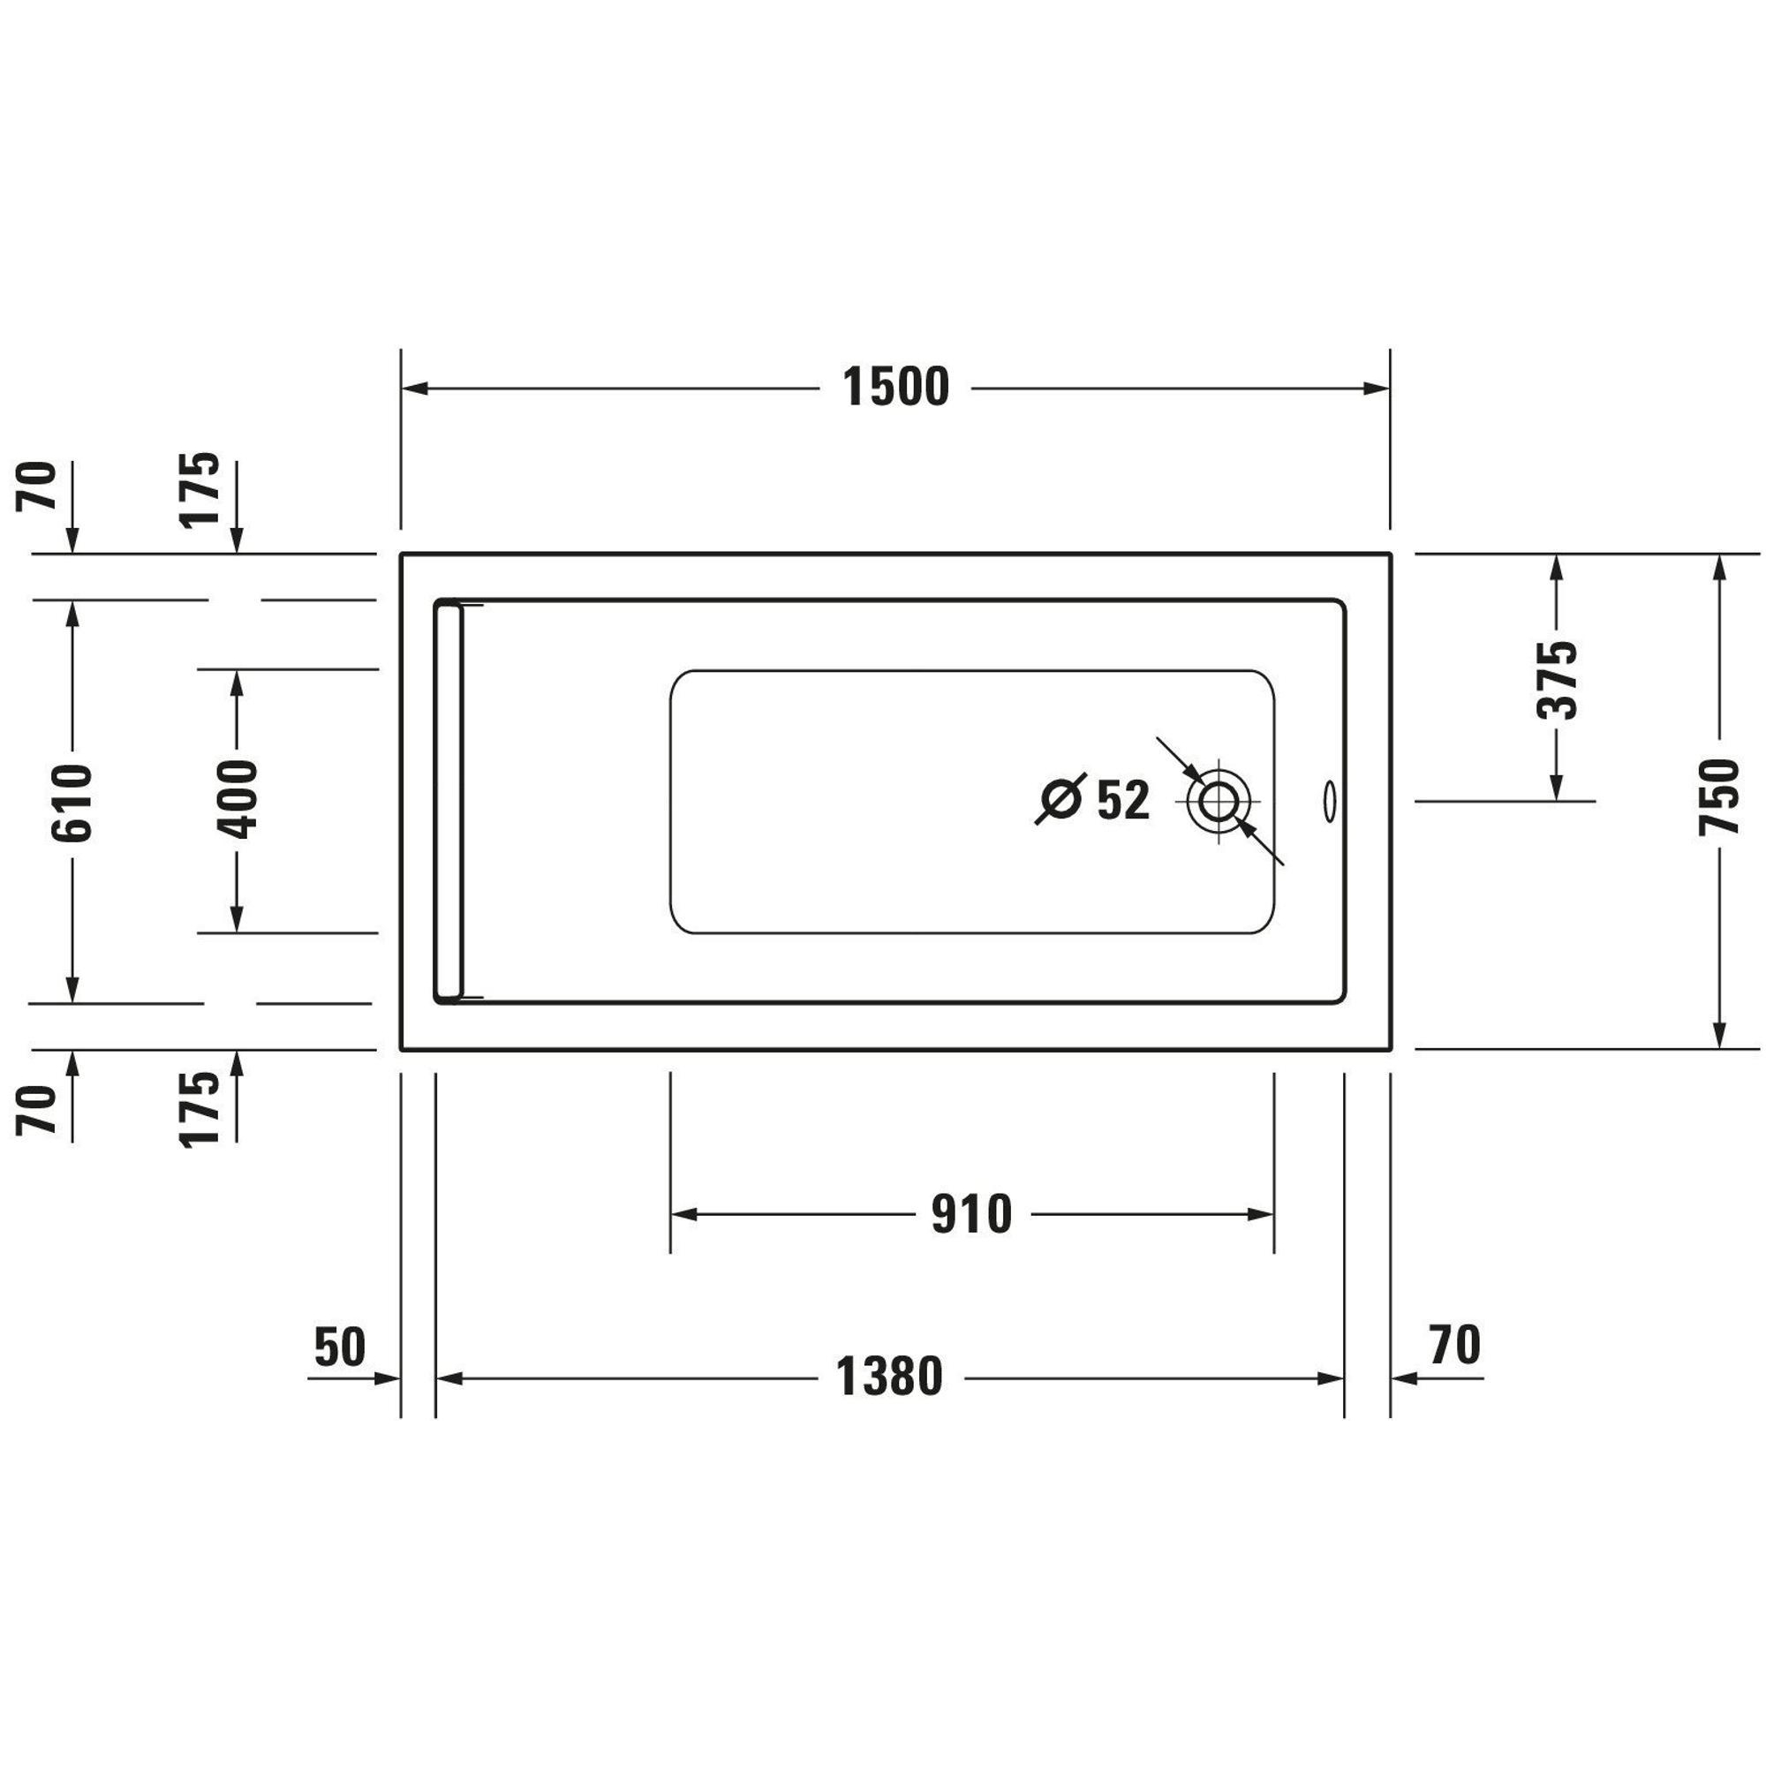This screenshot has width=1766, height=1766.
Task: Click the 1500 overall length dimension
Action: tap(895, 388)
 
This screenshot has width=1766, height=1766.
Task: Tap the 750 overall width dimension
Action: tap(1718, 796)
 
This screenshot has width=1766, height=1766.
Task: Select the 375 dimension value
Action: tap(1557, 680)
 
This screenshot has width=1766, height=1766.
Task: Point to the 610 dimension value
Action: tap(72, 803)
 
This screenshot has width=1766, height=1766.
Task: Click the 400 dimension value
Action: tap(237, 798)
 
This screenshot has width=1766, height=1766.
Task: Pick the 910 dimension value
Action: tap(971, 1215)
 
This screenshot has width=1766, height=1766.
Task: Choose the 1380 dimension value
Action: tap(889, 1377)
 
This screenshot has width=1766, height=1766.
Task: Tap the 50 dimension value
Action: tap(339, 1347)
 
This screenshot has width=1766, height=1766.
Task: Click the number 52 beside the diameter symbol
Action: tap(1122, 801)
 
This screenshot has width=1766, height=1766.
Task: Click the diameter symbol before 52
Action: tap(1060, 799)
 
